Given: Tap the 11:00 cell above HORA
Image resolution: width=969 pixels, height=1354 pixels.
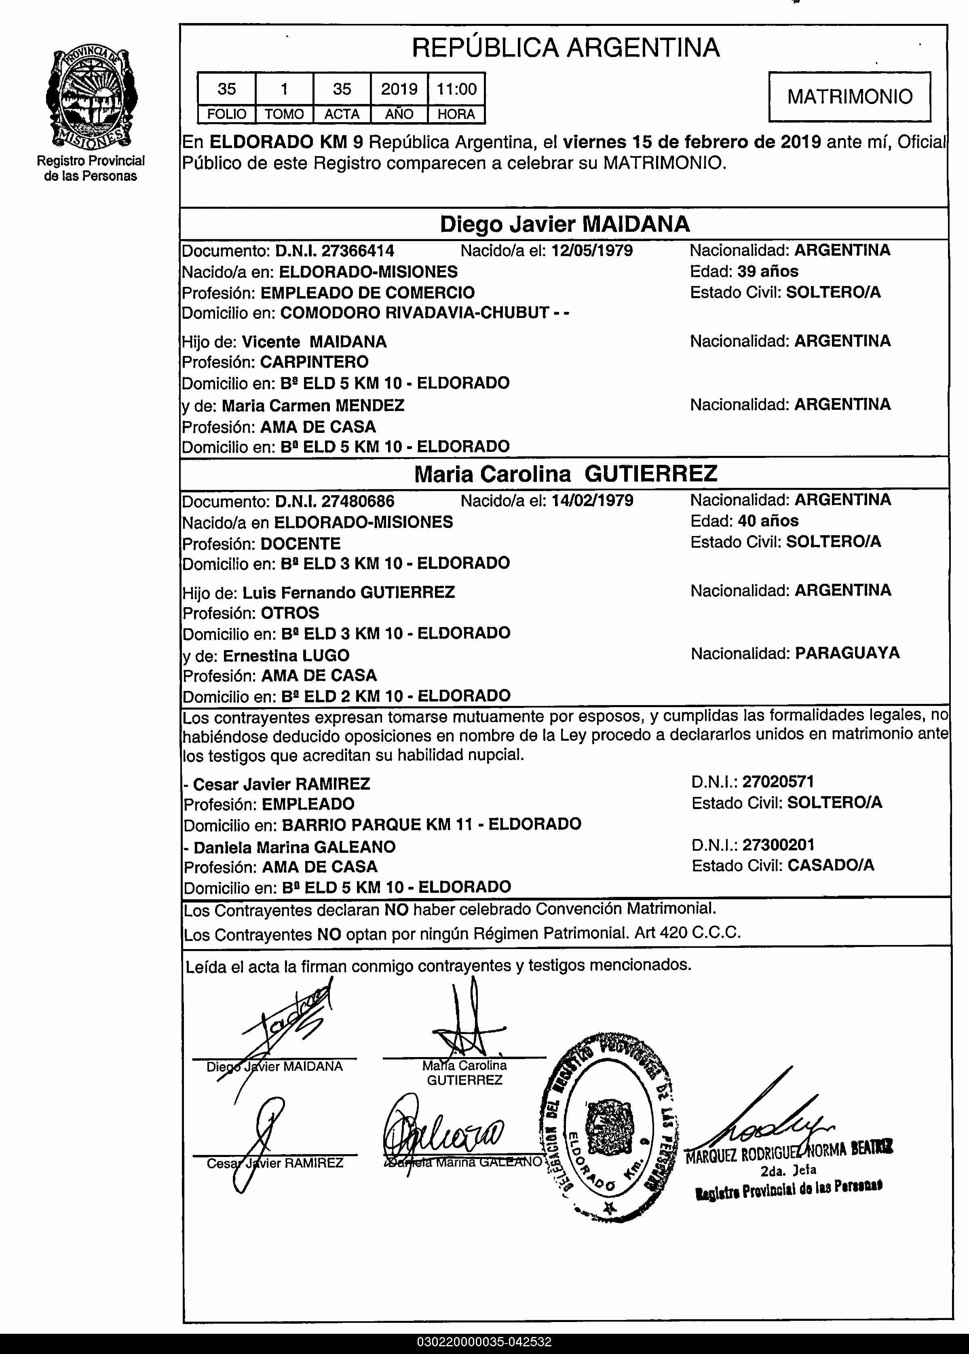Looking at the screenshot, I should [456, 89].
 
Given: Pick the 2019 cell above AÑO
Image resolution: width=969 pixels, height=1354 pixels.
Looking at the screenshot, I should [399, 89].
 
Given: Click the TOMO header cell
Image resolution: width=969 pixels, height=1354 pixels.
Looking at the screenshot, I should [284, 114].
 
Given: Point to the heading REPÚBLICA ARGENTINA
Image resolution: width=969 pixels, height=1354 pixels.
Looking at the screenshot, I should [566, 48].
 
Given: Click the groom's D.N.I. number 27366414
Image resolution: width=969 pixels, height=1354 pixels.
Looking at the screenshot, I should [357, 251].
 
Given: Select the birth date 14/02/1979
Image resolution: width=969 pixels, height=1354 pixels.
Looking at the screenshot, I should [592, 500].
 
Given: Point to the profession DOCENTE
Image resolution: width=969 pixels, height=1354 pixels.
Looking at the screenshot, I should [301, 544].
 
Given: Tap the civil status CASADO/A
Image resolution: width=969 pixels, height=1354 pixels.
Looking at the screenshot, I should [831, 866].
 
